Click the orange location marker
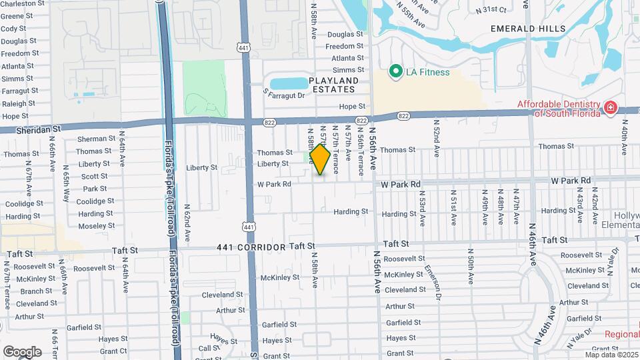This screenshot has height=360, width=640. click(320, 159)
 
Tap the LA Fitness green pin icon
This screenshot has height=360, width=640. click(395, 71)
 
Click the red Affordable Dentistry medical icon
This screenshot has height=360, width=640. click(609, 107)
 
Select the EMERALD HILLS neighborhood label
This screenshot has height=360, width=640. click(528, 29)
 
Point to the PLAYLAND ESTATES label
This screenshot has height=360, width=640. click(333, 85)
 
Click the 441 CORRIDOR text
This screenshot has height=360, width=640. click(251, 247)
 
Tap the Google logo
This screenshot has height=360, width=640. click(22, 351)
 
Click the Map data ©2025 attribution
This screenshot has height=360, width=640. click(611, 354)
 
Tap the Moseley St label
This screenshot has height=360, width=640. click(96, 226)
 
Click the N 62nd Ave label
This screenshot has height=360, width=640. click(187, 223)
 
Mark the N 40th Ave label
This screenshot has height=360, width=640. click(625, 137)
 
